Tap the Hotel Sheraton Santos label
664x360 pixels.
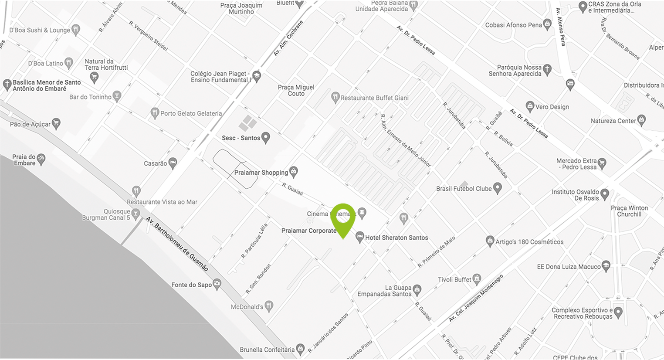click(x=396, y=238)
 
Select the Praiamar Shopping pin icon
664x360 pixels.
click(x=294, y=172)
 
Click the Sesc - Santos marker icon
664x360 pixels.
click(x=265, y=138)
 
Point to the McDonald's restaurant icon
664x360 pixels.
click(x=269, y=306)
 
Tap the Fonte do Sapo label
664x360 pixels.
click(x=191, y=285)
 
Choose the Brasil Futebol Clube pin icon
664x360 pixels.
click(x=497, y=188)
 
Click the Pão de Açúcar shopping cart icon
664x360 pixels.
click(x=56, y=124)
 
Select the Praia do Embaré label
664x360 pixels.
click(x=24, y=160)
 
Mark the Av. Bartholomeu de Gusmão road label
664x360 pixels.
click(x=177, y=244)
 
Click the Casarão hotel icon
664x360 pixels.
click(x=173, y=163)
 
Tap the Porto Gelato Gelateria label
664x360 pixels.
click(x=191, y=113)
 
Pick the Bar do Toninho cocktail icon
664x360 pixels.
click(x=116, y=96)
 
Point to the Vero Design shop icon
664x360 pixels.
click(x=530, y=106)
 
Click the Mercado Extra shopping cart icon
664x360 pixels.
click(x=602, y=163)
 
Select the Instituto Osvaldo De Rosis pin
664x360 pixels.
click(x=604, y=194)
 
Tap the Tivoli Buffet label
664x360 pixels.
click(x=454, y=279)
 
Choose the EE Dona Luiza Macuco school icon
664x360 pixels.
click(x=606, y=266)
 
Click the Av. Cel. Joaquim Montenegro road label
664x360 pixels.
click(x=476, y=298)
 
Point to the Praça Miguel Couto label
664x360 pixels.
click(x=296, y=90)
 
